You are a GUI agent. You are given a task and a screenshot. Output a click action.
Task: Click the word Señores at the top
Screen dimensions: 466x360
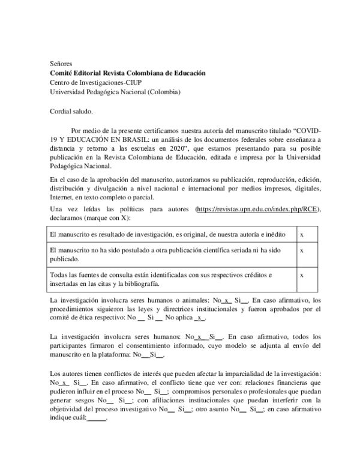click(x=61, y=63)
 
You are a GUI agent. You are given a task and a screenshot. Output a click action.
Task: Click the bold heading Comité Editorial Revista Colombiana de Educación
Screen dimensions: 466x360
click(x=127, y=73)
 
